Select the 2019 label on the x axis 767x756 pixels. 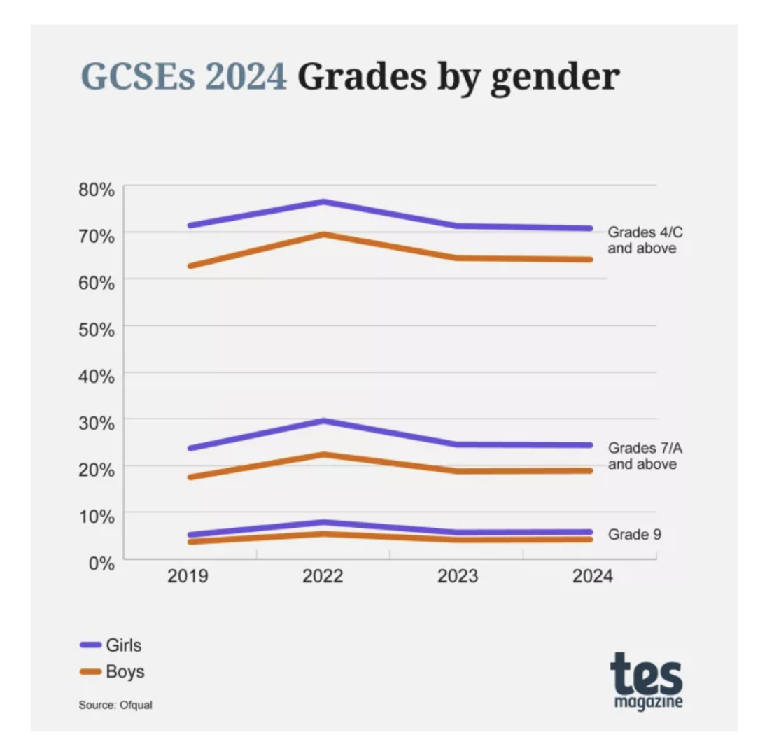(188, 577)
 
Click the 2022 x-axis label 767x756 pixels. (323, 577)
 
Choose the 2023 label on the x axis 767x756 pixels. (457, 577)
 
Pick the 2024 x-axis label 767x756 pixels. (591, 577)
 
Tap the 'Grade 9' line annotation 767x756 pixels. (635, 535)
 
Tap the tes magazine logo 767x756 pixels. (646, 680)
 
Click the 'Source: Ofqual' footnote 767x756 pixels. (115, 705)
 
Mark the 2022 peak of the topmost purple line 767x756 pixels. (323, 202)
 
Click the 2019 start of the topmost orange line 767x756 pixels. (190, 266)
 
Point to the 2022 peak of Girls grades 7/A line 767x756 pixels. (323, 420)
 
